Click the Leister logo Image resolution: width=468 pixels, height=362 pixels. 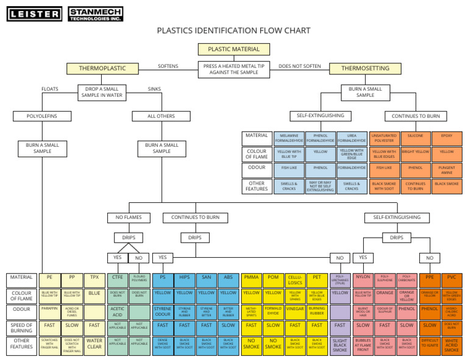[x=34, y=13]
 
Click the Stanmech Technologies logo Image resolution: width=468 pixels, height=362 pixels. [x=95, y=13]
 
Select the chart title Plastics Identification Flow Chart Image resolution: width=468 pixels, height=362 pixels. [x=233, y=31]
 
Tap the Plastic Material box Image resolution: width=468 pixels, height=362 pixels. [x=233, y=49]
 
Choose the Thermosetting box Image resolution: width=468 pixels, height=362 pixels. [x=365, y=68]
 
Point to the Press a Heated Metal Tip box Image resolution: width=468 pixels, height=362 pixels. [x=233, y=69]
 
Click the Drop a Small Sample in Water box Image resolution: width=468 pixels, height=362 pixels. [x=102, y=92]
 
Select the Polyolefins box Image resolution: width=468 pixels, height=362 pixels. [x=42, y=116]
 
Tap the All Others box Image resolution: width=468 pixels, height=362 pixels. [x=161, y=116]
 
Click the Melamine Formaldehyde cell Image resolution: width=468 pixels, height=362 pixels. [x=289, y=138]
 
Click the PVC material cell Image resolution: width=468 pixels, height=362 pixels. [x=452, y=278]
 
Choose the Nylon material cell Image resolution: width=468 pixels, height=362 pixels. [x=363, y=277]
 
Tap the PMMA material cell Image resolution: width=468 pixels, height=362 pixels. [x=251, y=278]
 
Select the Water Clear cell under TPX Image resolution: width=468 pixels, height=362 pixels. [x=94, y=344]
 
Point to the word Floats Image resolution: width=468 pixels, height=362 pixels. [x=50, y=89]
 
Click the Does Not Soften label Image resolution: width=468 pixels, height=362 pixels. [x=299, y=66]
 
